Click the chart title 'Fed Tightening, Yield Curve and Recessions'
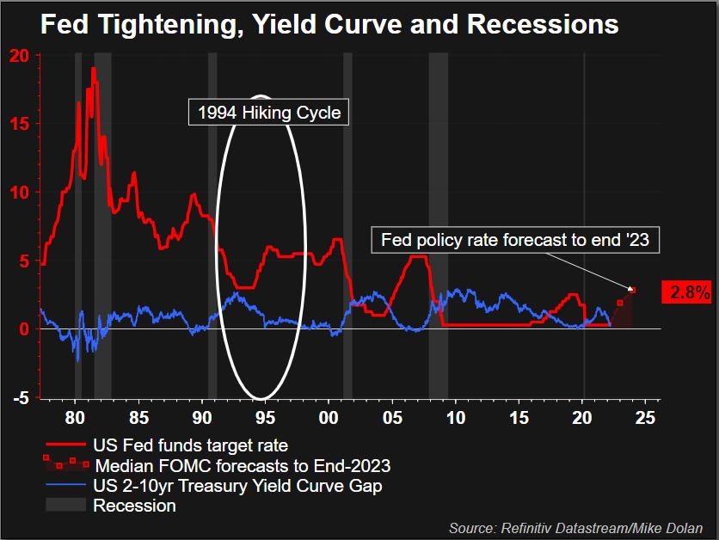329,24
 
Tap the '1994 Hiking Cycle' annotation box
268,112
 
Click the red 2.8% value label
689,292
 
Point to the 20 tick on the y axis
19,56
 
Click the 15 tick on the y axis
19,124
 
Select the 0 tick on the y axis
24,329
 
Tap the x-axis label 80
75,417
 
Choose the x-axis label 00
329,417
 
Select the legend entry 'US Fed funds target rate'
189,446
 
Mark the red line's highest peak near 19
93,68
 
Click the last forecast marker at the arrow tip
632,291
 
